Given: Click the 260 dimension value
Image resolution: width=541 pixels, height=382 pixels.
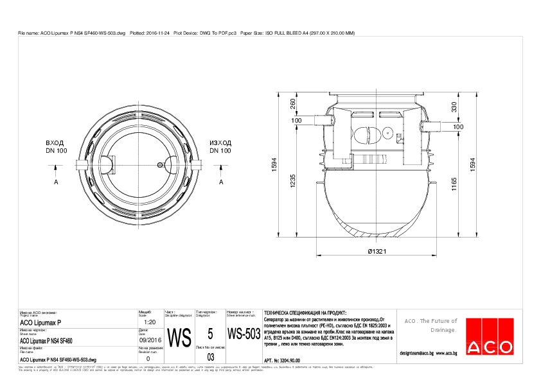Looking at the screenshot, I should (294, 103).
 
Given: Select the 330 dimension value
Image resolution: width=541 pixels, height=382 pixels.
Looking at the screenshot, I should (454, 106).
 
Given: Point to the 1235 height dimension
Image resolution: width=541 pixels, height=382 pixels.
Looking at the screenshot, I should (294, 181).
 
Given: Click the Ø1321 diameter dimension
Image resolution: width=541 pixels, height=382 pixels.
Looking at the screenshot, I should (376, 252).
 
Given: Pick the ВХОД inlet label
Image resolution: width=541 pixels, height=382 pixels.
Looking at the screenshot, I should (57, 143).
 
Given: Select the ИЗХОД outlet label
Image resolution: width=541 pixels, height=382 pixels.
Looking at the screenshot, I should (220, 143).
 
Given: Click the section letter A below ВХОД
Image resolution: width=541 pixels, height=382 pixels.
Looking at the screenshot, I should (57, 182).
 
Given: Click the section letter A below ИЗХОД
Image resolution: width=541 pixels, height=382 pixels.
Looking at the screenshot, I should (221, 182).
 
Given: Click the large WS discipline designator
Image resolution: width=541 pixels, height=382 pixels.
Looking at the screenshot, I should (179, 336).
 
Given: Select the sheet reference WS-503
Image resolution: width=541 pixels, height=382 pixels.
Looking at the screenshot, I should (244, 334).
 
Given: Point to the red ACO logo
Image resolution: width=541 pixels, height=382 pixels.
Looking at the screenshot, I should (490, 337).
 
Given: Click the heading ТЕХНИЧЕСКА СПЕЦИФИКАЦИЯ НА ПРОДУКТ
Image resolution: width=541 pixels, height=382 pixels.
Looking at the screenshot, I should (301, 311).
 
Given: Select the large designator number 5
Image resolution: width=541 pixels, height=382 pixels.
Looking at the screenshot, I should (210, 334).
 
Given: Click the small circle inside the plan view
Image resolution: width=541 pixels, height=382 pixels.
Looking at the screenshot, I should (159, 165).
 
